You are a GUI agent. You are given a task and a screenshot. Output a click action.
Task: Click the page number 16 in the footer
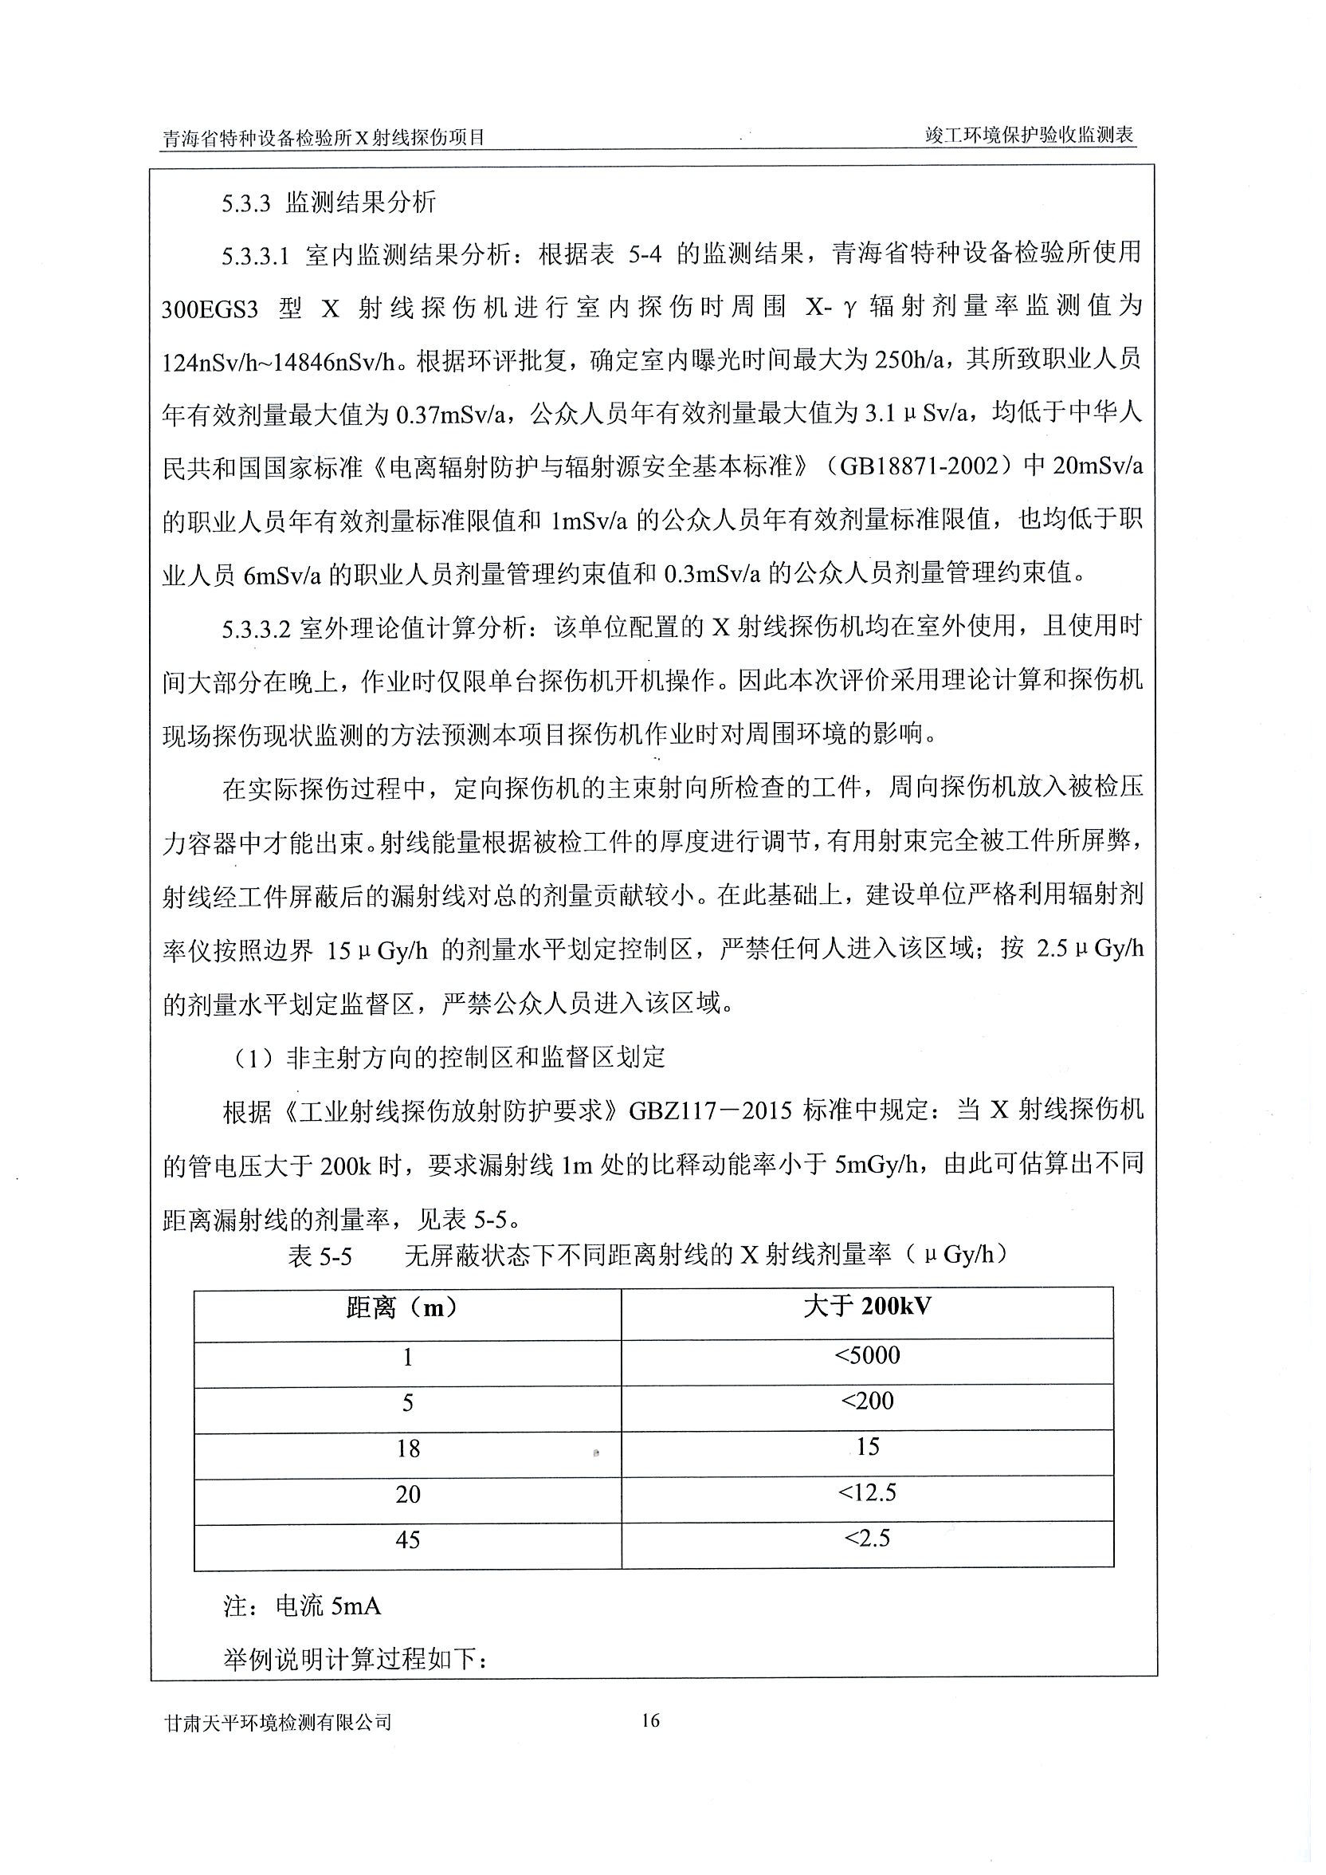[650, 1720]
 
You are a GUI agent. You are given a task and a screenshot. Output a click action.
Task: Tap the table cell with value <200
[867, 1401]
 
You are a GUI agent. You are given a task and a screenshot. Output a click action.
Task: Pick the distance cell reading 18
[407, 1449]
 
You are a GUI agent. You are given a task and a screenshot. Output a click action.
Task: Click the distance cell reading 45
[407, 1540]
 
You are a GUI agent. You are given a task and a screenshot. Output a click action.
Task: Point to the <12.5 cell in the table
[867, 1494]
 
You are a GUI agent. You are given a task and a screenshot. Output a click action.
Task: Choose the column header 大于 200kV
[867, 1307]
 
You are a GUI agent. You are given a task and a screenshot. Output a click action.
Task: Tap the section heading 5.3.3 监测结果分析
[329, 202]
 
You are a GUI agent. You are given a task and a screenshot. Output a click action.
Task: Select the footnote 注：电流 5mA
[302, 1607]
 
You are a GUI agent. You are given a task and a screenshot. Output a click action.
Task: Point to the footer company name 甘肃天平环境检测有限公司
[277, 1722]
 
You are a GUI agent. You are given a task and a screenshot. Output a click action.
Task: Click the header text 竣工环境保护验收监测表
[1030, 136]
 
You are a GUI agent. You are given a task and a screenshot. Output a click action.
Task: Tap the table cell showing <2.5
[867, 1539]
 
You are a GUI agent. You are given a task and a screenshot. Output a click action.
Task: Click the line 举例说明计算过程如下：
[355, 1660]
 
